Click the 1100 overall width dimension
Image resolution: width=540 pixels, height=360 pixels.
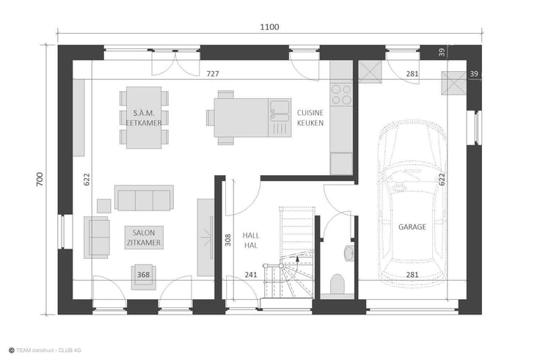click(x=269, y=27)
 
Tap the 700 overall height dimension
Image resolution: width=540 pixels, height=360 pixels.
click(x=40, y=180)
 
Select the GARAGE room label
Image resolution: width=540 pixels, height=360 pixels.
click(x=412, y=227)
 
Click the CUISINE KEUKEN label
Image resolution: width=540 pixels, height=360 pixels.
click(x=310, y=118)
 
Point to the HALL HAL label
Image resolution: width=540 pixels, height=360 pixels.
click(x=251, y=240)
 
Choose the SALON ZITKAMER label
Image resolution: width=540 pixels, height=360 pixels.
click(x=144, y=238)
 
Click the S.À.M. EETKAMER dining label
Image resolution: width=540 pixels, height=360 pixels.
click(x=144, y=118)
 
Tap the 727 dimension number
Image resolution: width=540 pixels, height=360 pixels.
click(x=213, y=73)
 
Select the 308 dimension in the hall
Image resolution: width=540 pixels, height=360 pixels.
click(x=228, y=240)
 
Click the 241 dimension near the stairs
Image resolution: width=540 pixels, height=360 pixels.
click(x=251, y=274)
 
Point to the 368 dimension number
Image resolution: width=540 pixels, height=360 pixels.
click(x=143, y=274)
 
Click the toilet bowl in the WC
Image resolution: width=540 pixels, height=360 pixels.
click(x=337, y=284)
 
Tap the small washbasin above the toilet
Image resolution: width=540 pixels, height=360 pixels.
click(x=349, y=253)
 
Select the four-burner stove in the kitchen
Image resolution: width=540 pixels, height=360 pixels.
click(x=341, y=95)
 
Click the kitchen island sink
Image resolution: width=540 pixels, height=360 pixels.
click(x=280, y=111)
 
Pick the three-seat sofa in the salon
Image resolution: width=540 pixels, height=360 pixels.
click(x=144, y=198)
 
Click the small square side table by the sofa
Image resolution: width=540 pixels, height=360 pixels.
click(x=103, y=206)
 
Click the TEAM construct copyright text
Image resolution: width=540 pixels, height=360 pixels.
click(x=45, y=350)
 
